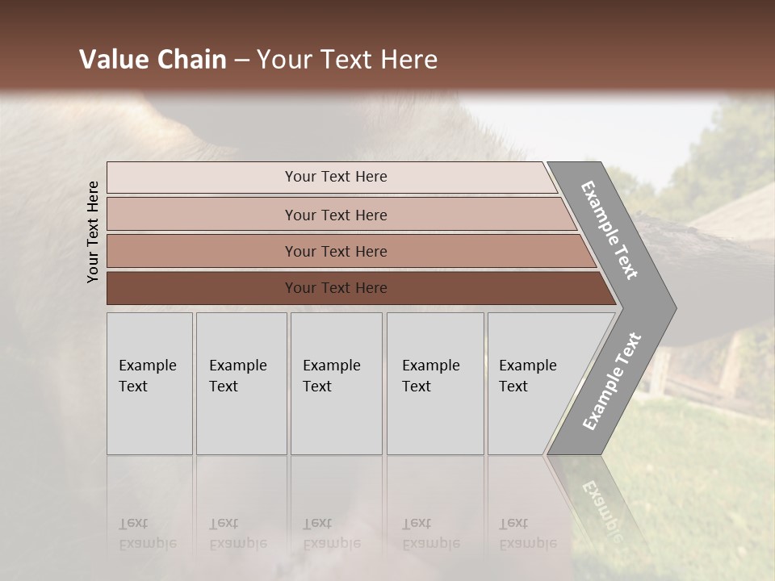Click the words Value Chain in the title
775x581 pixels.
[x=153, y=60]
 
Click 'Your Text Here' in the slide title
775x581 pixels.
[x=347, y=60]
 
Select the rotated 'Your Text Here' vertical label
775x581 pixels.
[x=93, y=232]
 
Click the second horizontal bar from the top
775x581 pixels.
[x=335, y=215]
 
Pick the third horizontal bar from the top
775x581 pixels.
[x=335, y=251]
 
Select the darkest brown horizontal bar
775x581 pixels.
[x=335, y=288]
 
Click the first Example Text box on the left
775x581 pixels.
[x=149, y=383]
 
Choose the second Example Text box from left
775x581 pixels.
[x=241, y=383]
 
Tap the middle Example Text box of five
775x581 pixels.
[x=336, y=383]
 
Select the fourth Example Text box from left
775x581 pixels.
[x=435, y=383]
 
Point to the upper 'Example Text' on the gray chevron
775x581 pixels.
[x=610, y=230]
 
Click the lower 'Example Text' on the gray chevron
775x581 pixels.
[x=611, y=382]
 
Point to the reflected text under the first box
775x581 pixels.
[x=148, y=533]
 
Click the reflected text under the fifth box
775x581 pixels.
[x=526, y=533]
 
